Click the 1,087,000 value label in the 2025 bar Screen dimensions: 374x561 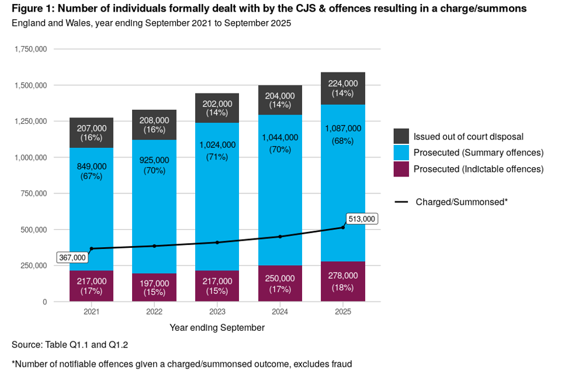point(342,129)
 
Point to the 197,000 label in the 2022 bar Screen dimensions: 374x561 point(154,283)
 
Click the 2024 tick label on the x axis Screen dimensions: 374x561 point(280,312)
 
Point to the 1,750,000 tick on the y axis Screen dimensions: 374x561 point(31,49)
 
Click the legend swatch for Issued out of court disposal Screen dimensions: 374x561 point(401,137)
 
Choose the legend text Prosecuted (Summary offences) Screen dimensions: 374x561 point(479,153)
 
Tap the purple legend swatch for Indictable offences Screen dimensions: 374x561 point(401,169)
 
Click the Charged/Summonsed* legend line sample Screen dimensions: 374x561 point(401,202)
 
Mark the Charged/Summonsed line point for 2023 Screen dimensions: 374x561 point(217,242)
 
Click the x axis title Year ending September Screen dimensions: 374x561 point(217,328)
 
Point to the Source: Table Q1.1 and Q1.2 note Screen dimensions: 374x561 point(70,345)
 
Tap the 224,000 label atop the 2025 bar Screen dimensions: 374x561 point(342,83)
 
